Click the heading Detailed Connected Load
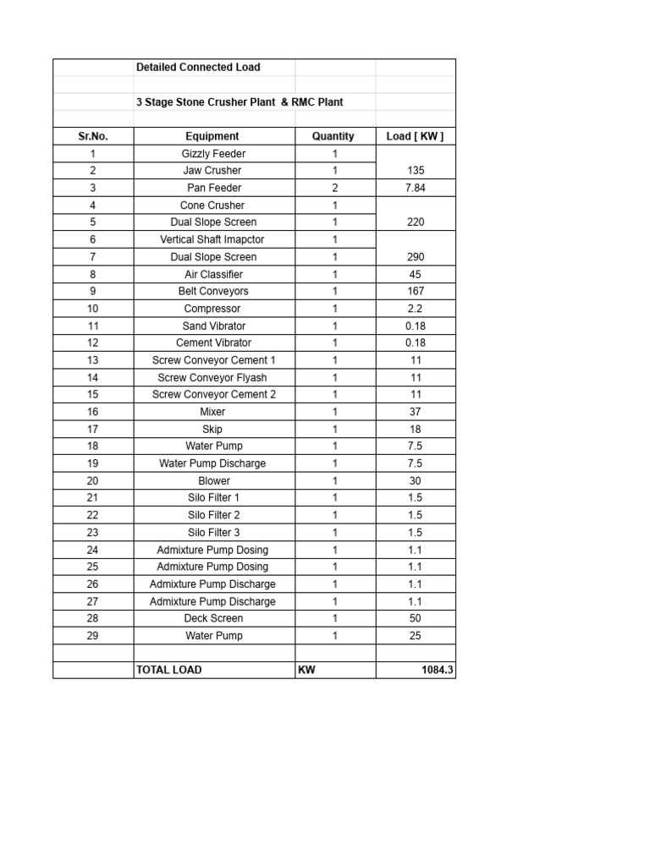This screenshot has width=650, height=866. click(x=198, y=68)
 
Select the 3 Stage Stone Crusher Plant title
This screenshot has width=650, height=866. click(x=240, y=102)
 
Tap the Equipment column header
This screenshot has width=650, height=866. click(x=212, y=136)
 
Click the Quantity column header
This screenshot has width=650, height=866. click(x=333, y=136)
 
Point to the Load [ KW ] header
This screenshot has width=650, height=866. click(x=415, y=136)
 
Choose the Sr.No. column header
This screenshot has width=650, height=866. click(x=93, y=136)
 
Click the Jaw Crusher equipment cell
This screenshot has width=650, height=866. click(x=212, y=171)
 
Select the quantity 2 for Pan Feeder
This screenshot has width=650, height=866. click(x=334, y=188)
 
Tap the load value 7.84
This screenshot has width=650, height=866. click(x=415, y=188)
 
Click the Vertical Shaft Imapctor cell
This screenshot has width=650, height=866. click(x=212, y=239)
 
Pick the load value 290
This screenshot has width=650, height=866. click(x=415, y=257)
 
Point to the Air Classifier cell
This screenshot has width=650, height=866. click(x=213, y=274)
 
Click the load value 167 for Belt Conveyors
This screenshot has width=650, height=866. click(x=415, y=291)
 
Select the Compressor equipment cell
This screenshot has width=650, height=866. click(x=212, y=309)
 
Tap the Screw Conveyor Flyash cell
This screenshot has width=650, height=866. click(x=212, y=378)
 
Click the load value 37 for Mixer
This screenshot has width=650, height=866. click(x=415, y=412)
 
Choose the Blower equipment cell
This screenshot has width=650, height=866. click(x=213, y=480)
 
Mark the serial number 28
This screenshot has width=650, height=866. click(x=93, y=618)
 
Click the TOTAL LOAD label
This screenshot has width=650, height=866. click(x=169, y=670)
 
